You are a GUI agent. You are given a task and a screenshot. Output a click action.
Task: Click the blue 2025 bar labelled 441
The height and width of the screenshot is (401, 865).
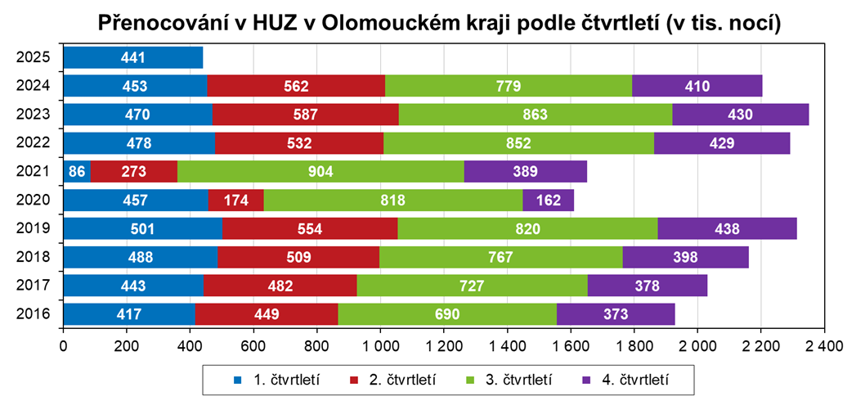pos(132,58)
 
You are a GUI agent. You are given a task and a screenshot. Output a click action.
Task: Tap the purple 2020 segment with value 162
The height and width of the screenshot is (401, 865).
pos(548,200)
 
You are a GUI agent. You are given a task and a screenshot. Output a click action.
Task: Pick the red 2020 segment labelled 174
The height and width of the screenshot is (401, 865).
pos(236,200)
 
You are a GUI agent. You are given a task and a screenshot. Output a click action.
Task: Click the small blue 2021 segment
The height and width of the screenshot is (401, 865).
pos(77,172)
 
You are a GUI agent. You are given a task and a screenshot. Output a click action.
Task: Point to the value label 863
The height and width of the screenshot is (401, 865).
pos(535,115)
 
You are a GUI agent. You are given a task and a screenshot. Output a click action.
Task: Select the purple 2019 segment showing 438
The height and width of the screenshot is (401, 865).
pos(727,229)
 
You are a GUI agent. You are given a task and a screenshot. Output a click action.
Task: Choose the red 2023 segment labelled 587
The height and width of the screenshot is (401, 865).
pos(305,115)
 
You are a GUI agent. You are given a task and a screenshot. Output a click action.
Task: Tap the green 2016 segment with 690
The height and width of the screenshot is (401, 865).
pos(447,314)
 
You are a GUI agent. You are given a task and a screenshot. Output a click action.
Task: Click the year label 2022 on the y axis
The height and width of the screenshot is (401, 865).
pos(34,143)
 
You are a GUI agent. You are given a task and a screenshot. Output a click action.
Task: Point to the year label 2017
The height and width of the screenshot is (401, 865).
pos(34,286)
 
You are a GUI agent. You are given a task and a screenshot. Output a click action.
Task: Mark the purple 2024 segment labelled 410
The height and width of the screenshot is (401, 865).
pos(697,87)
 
